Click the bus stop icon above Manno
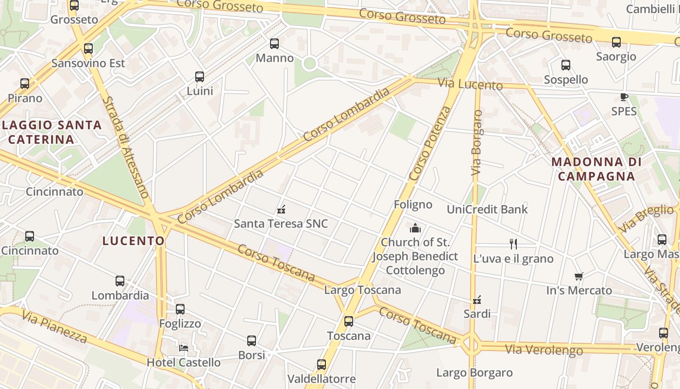[x=274, y=44]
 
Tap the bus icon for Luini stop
[x=200, y=77]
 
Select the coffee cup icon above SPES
[x=624, y=97]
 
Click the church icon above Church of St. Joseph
[x=415, y=228]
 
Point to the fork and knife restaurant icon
[x=513, y=244]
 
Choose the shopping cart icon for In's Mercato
[x=578, y=277]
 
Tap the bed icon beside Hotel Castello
[x=184, y=348]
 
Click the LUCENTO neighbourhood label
[x=134, y=241]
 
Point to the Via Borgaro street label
[x=477, y=143]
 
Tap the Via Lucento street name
[x=470, y=84]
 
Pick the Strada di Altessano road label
[x=124, y=147]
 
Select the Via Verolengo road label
[x=544, y=349]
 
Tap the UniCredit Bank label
[x=487, y=210]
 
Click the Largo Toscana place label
[x=362, y=290]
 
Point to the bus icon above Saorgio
[x=616, y=42]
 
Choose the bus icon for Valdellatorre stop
[x=322, y=365]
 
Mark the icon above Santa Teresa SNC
[x=281, y=210]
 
